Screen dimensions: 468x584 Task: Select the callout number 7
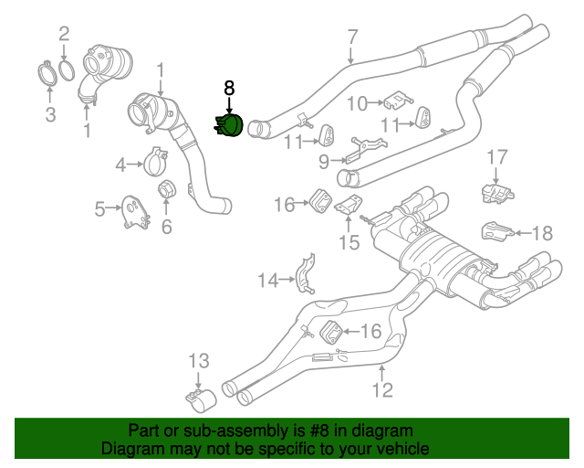pos(352,37)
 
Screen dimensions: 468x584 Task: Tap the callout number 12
pos(381,390)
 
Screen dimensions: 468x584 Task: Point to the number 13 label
pos(199,361)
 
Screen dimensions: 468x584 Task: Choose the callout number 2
pos(64,36)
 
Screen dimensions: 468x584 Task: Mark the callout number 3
pos(50,114)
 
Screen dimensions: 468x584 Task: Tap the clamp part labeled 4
pos(154,163)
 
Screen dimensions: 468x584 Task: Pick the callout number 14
pos(266,281)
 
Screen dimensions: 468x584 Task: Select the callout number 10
pos(356,102)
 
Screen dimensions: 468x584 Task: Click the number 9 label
pos(323,163)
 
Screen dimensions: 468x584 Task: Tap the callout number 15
pos(349,242)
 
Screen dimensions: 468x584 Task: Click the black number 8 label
pos(229,88)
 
